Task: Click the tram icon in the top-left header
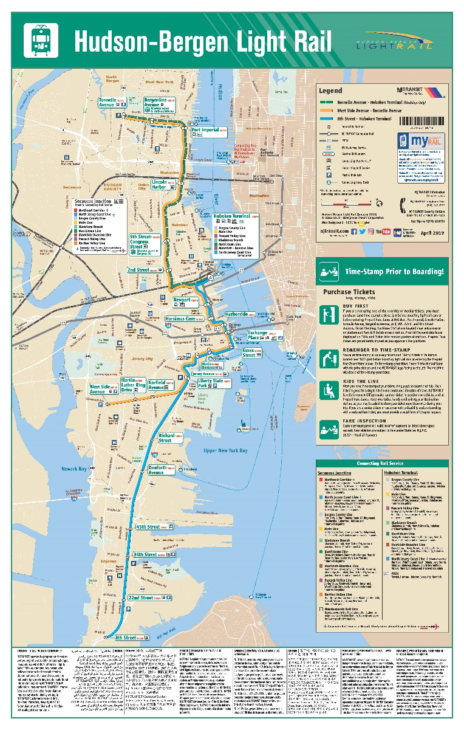pos(41,40)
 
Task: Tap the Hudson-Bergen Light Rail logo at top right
pos(398,41)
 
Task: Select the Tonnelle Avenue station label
pos(111,102)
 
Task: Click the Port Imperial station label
pos(205,130)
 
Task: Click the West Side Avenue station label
pos(101,389)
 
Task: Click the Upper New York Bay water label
pos(225,450)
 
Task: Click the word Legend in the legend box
pos(335,91)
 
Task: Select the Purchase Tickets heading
pos(346,292)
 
